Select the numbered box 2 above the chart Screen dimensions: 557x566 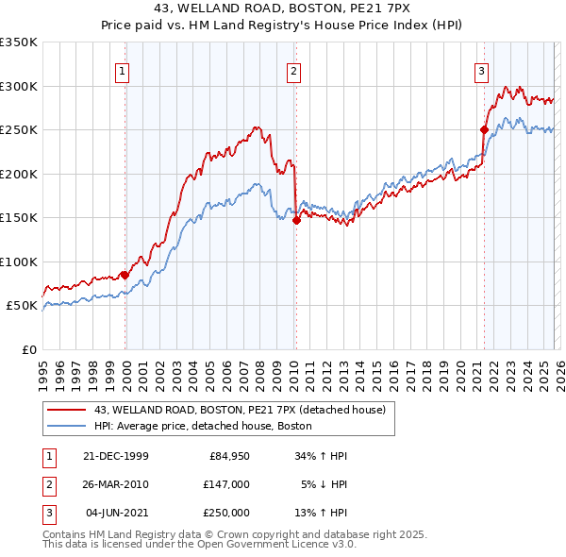click(x=294, y=70)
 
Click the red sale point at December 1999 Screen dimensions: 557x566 click(x=125, y=275)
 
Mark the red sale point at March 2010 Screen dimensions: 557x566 click(x=296, y=220)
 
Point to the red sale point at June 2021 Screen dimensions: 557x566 click(x=484, y=129)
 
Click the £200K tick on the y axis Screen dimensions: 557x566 click(x=19, y=174)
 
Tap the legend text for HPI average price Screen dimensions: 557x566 click(x=203, y=427)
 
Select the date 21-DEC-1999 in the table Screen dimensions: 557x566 click(x=116, y=456)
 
